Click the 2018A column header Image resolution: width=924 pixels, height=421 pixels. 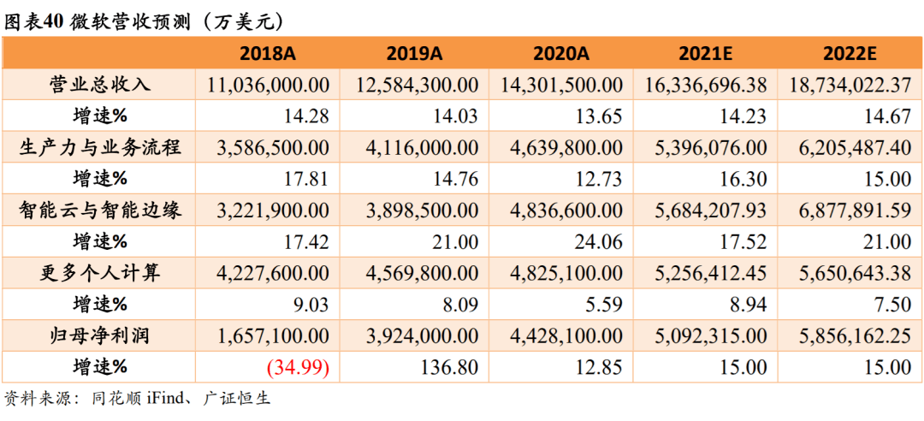(267, 53)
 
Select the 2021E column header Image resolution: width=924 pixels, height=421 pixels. (705, 53)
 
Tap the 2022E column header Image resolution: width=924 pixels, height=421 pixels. (850, 53)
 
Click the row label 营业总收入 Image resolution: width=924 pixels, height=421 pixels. (99, 85)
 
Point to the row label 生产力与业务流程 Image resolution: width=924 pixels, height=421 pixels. (99, 147)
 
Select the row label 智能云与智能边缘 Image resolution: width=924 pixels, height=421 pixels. (99, 210)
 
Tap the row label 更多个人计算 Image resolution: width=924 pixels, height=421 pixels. (99, 273)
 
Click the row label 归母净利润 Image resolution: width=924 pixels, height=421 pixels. (99, 336)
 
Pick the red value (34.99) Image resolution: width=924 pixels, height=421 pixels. (298, 368)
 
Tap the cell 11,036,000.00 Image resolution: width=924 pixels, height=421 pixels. (269, 85)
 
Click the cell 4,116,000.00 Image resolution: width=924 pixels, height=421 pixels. (417, 147)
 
